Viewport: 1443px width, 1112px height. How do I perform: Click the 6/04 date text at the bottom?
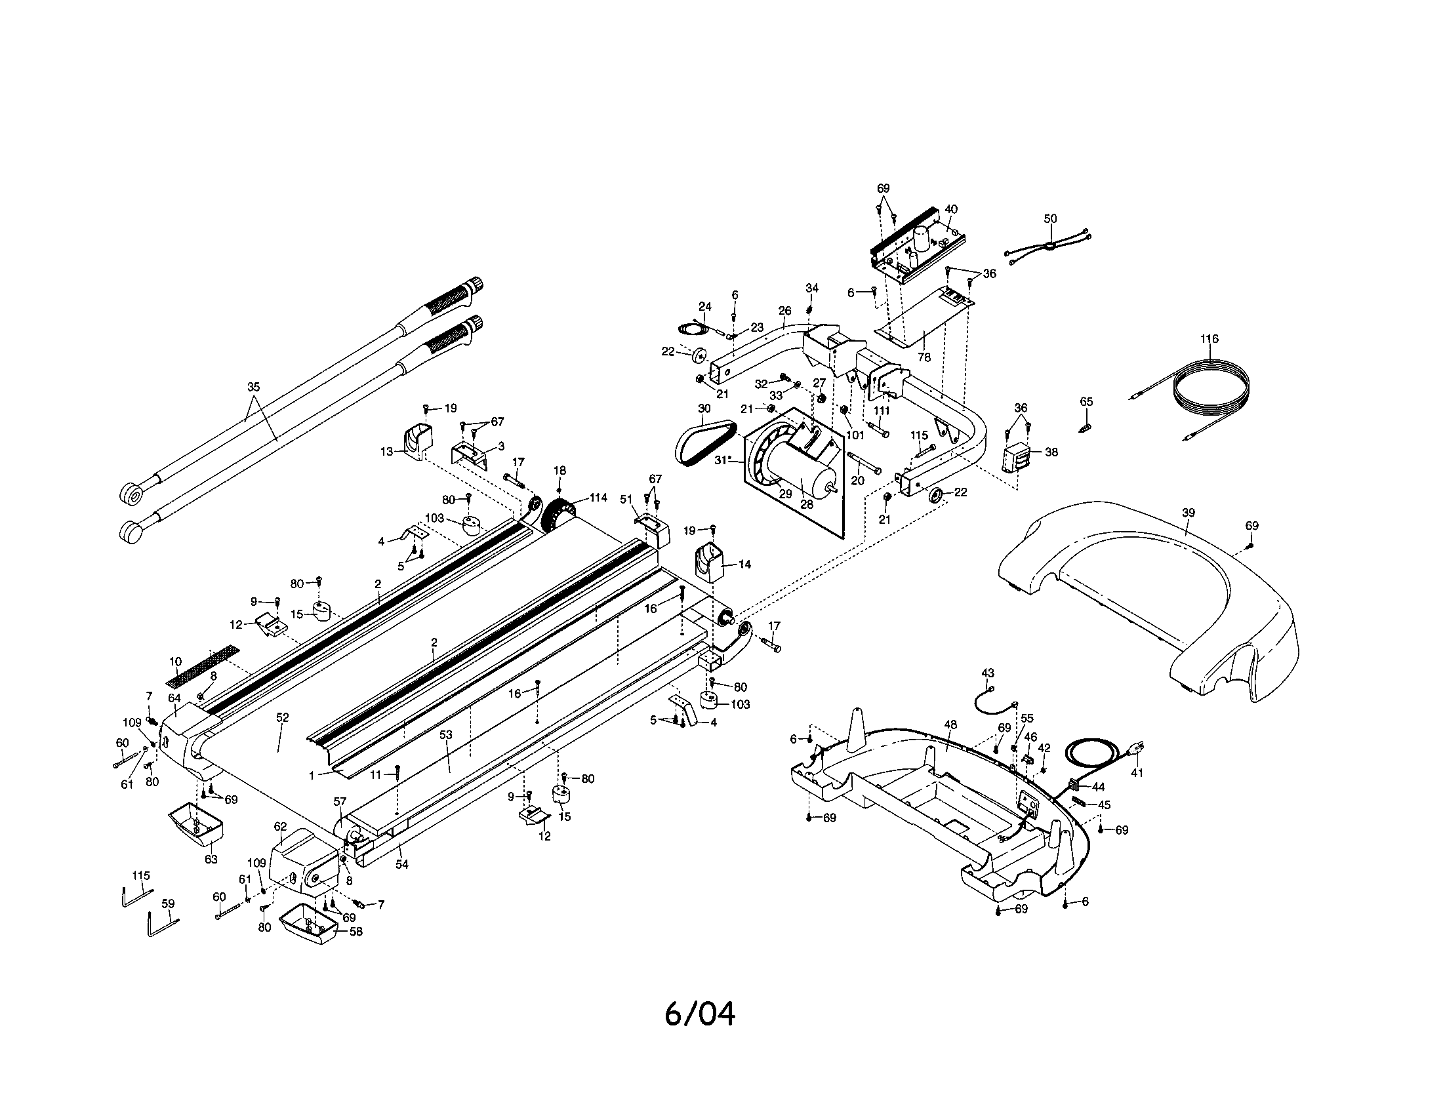tap(700, 1014)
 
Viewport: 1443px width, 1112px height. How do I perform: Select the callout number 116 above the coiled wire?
tap(1209, 339)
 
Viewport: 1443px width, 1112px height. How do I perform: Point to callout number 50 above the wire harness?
tap(1050, 218)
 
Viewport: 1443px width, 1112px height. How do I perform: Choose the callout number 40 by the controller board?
tap(950, 208)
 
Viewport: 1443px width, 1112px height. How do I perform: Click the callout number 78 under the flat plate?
tap(924, 357)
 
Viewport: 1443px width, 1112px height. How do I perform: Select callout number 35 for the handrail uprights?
tap(254, 387)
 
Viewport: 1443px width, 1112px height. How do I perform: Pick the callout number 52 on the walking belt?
tap(282, 717)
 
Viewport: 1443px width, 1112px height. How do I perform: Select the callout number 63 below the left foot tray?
tap(211, 859)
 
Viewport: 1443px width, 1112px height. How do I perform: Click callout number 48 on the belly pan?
tap(950, 725)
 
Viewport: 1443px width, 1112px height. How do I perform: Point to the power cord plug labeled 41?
tap(1134, 750)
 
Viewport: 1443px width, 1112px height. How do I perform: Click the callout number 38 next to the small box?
tap(1051, 452)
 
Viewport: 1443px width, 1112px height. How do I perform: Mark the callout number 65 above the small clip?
tap(1086, 401)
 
